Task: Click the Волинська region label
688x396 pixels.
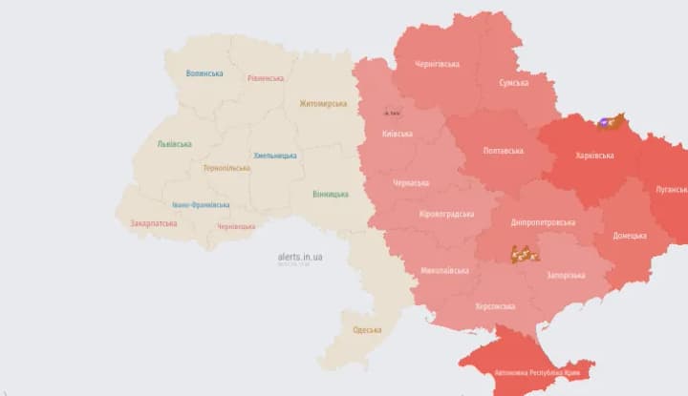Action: click(x=204, y=73)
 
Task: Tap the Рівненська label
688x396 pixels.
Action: click(x=265, y=78)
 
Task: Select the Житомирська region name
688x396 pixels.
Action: click(x=323, y=104)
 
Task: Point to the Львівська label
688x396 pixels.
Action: click(x=174, y=144)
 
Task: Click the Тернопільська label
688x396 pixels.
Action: click(x=226, y=168)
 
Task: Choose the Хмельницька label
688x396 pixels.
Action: click(x=274, y=156)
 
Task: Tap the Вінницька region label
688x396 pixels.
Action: click(x=330, y=194)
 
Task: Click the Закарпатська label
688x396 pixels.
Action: click(x=153, y=223)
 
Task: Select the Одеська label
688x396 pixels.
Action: click(x=366, y=330)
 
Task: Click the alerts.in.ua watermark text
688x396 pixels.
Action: click(x=300, y=256)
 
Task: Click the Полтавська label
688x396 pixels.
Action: click(x=504, y=151)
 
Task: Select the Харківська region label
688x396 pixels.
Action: click(x=595, y=155)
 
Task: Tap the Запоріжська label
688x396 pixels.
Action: click(x=565, y=275)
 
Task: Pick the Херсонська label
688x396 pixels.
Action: click(x=495, y=306)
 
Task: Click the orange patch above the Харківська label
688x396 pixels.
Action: click(x=611, y=121)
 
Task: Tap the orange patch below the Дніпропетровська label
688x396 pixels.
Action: click(x=525, y=254)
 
